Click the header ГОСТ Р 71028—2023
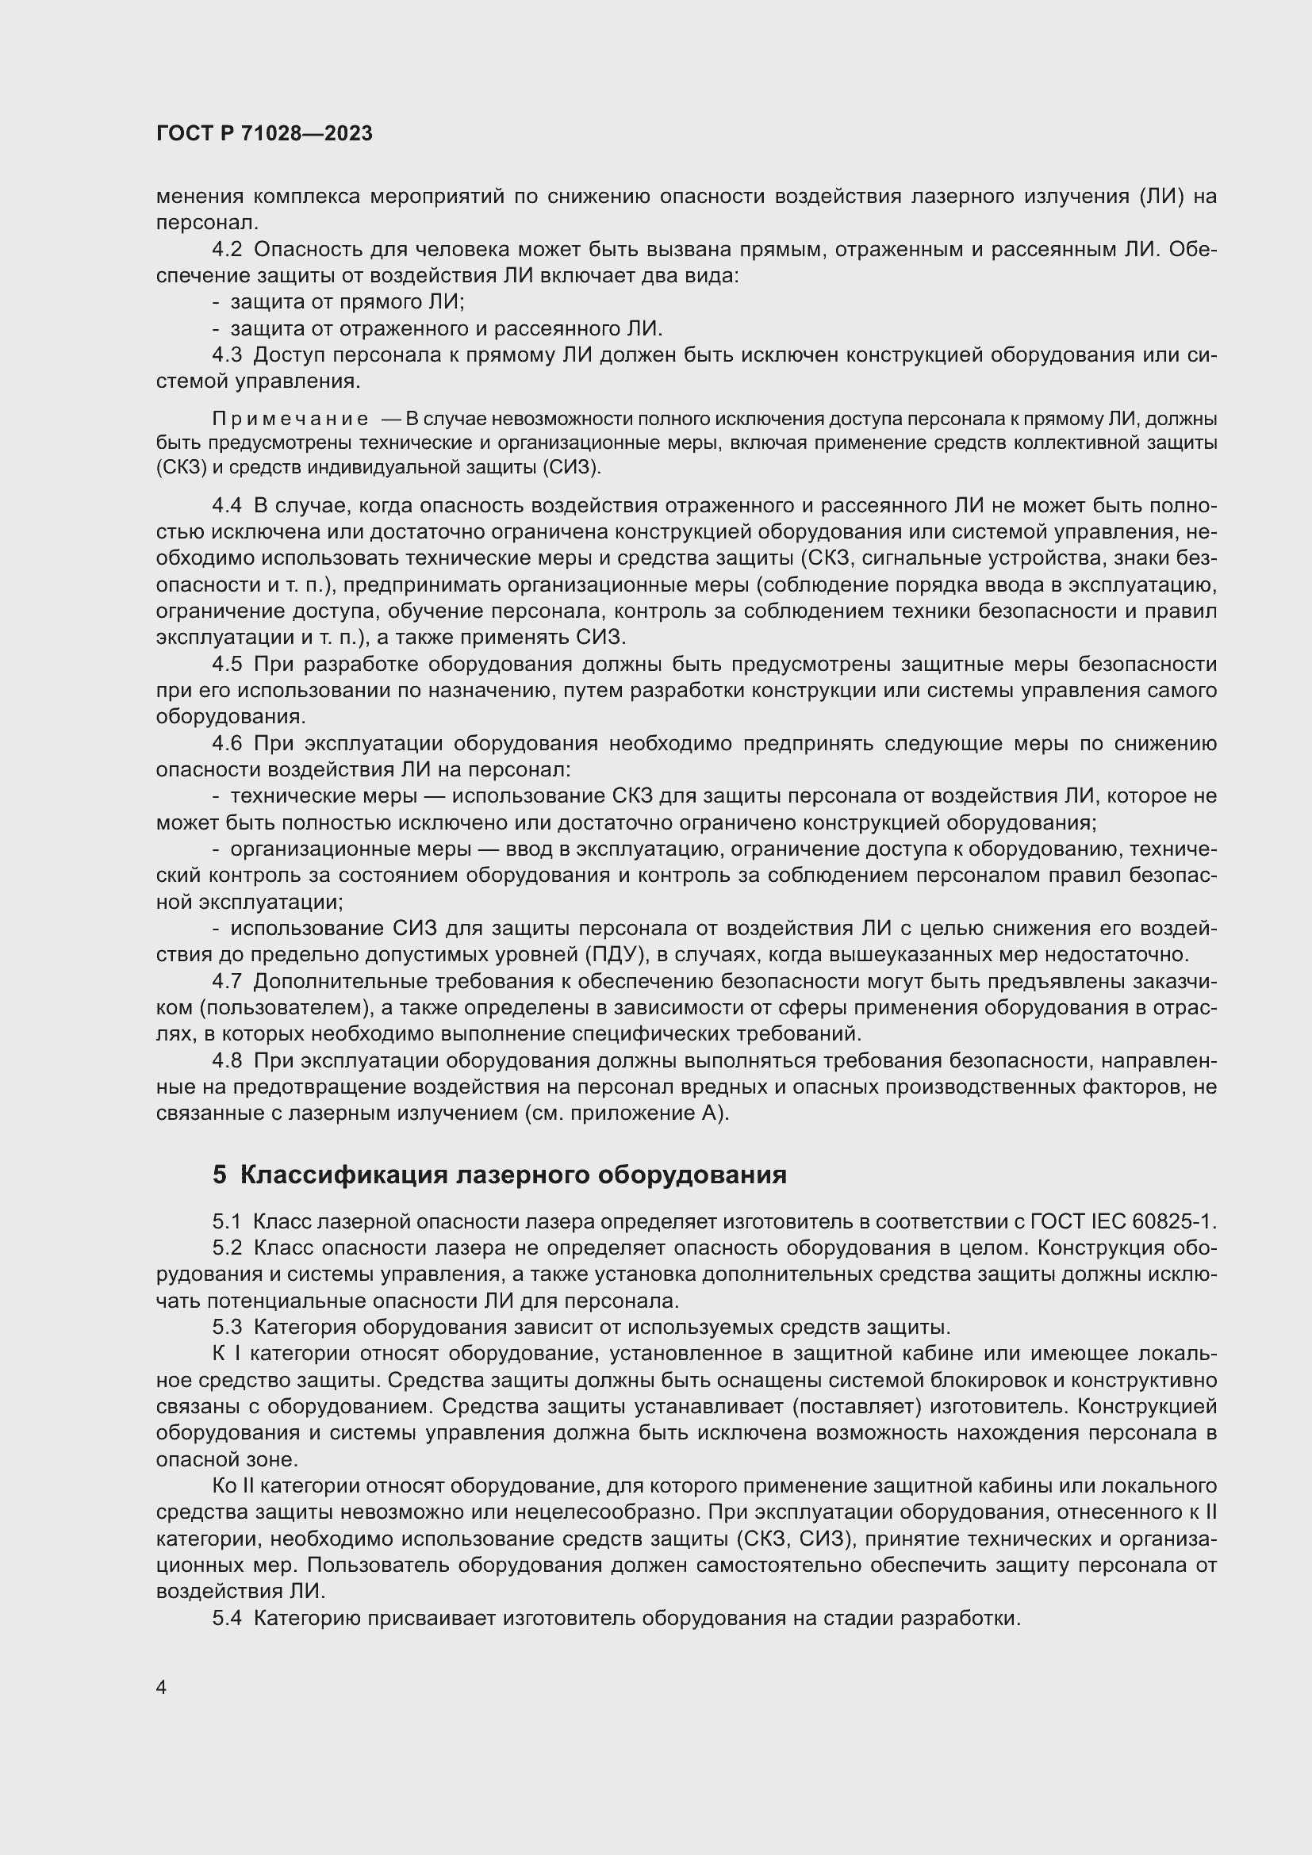264,134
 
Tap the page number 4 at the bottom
162,1688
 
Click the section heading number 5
220,1175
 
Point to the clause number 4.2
227,250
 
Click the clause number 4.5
227,664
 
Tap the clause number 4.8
227,1061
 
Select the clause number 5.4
227,1619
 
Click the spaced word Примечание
290,420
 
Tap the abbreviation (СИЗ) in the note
571,467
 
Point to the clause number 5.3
227,1327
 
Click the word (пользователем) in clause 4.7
267,1007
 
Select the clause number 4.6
227,743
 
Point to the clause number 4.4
227,506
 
